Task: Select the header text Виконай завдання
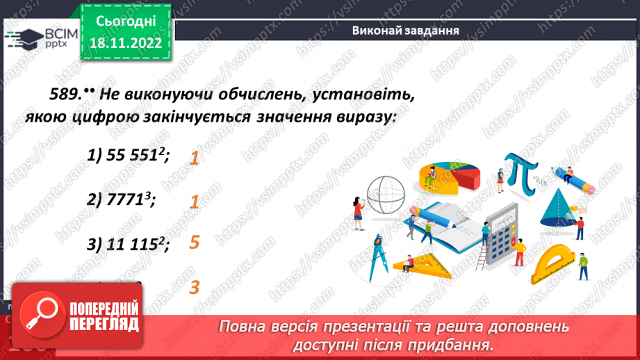[x=405, y=30]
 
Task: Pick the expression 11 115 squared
[x=129, y=243]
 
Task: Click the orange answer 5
[x=195, y=243]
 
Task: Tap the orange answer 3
[x=195, y=286]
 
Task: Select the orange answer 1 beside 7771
[x=195, y=202]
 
